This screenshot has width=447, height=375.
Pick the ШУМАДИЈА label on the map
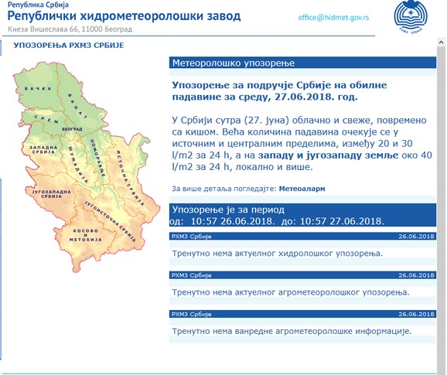[76, 150]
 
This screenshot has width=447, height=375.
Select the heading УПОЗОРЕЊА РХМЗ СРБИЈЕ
[64, 46]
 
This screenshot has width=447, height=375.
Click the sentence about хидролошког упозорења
[277, 253]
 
